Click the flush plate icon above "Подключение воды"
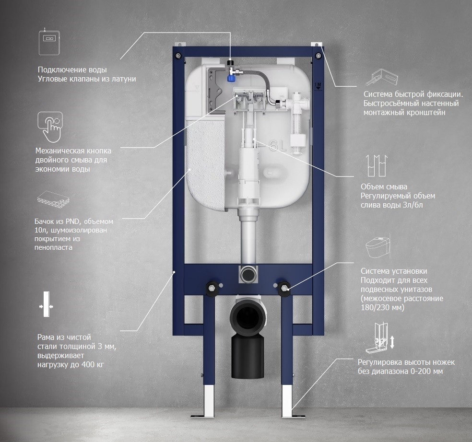49,42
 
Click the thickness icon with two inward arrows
46,304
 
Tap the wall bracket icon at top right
381,77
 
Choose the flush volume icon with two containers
376,165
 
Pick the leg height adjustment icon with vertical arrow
380,338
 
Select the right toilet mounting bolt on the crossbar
284,287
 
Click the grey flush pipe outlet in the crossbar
248,274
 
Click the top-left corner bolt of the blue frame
178,55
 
